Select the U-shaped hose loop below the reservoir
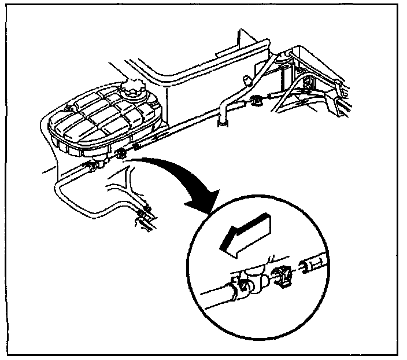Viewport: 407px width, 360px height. point(75,200)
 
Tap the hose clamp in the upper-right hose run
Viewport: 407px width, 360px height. point(256,102)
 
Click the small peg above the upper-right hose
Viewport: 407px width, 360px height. point(246,79)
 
